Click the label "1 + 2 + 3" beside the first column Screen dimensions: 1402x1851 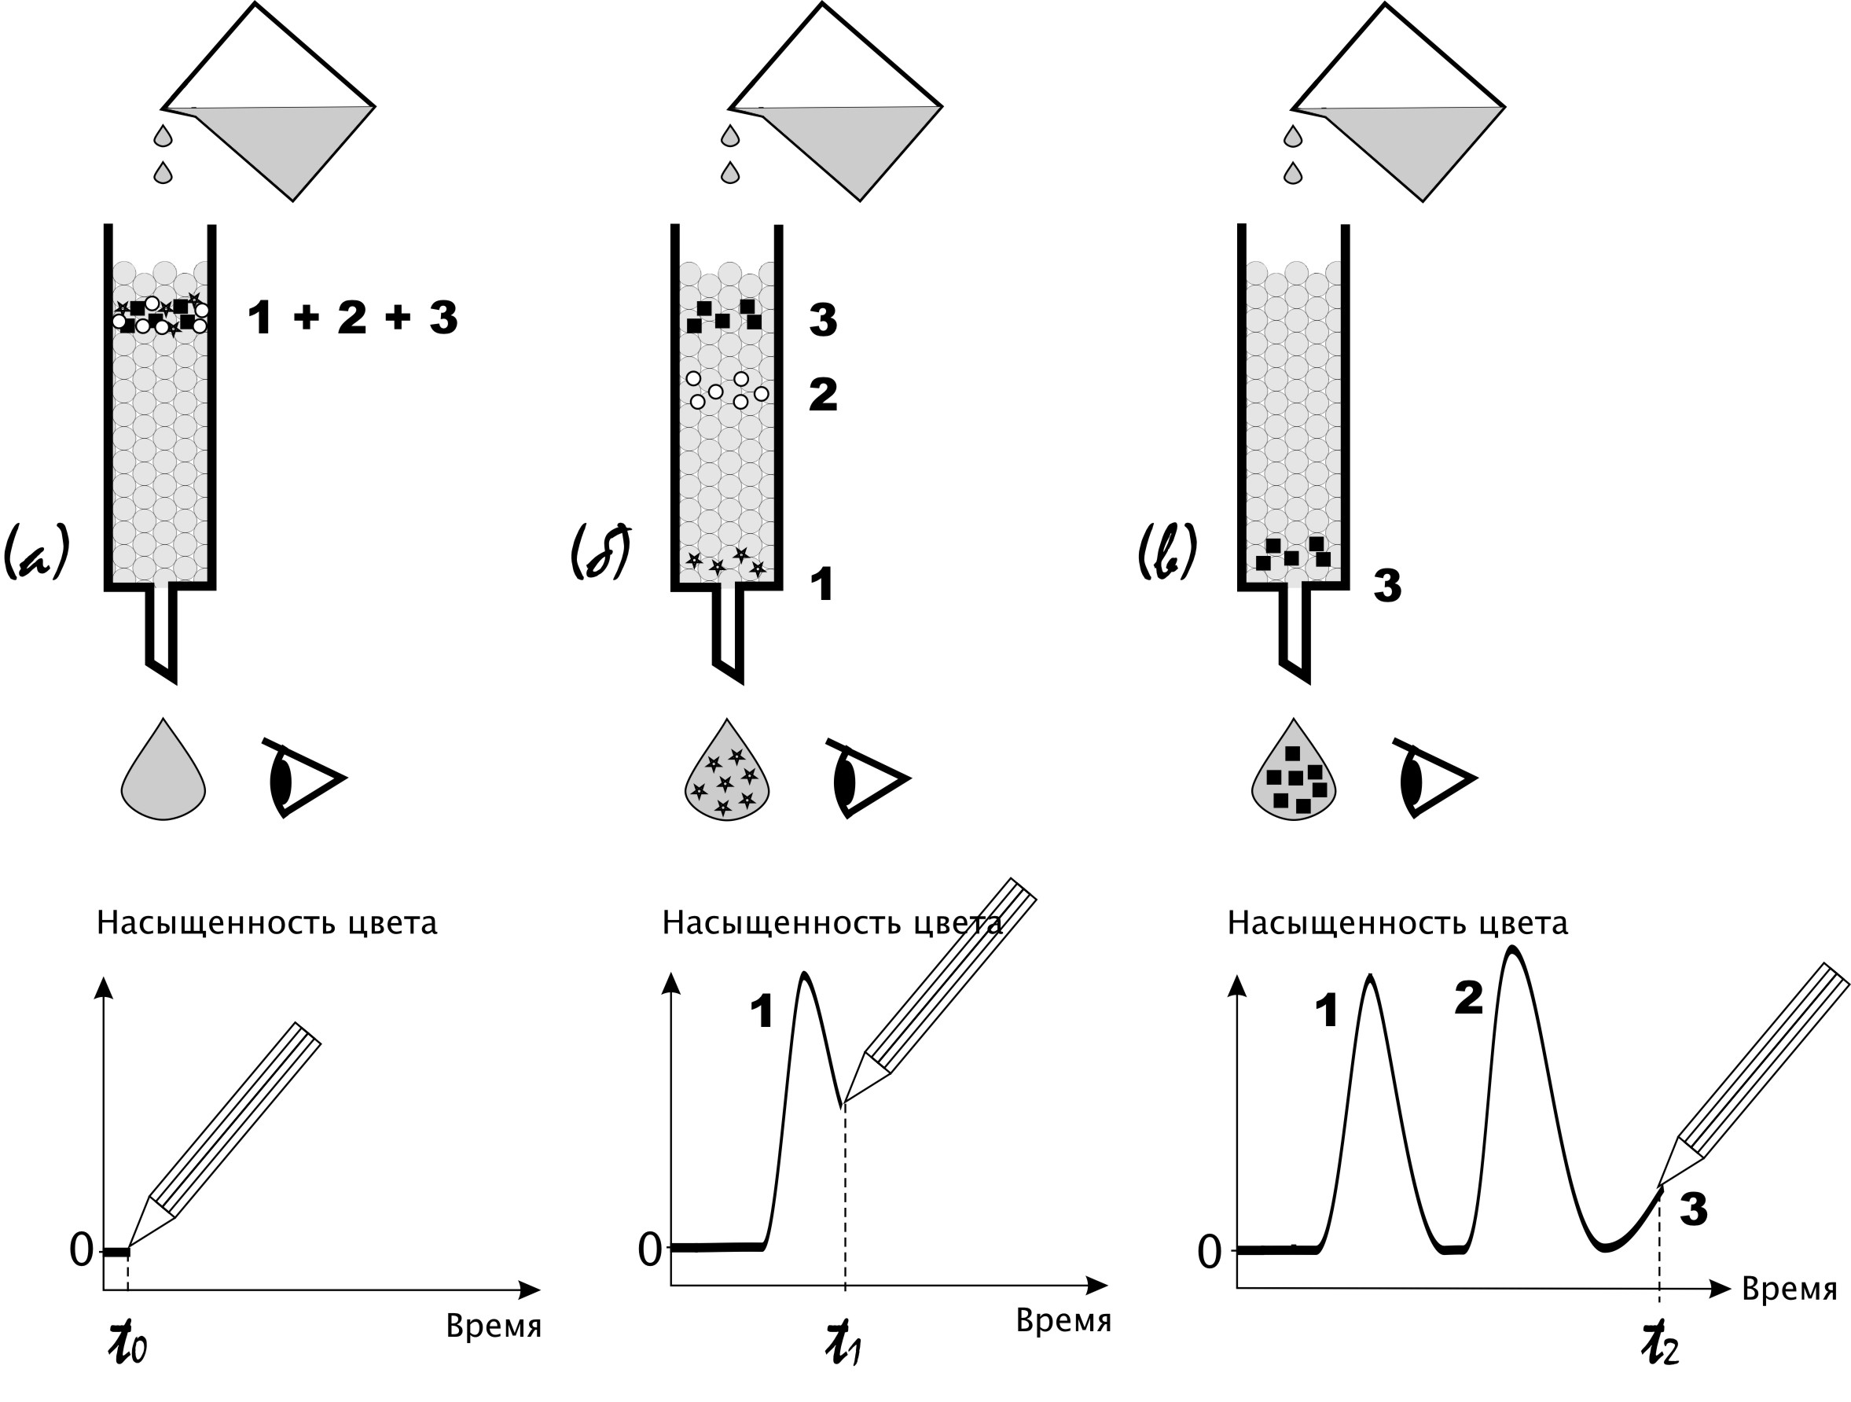[352, 318]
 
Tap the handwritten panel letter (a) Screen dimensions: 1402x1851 [35, 553]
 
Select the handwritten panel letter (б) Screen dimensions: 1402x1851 [600, 553]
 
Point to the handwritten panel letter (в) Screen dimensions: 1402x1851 [1167, 553]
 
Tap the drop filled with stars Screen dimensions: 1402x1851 [726, 774]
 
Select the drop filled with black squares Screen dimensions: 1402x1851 [1294, 774]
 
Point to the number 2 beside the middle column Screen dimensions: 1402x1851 [823, 395]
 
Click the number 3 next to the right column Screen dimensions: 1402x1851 [1387, 586]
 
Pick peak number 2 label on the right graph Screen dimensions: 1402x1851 [1468, 998]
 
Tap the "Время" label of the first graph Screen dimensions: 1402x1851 [494, 1327]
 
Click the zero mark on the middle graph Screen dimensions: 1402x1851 [650, 1250]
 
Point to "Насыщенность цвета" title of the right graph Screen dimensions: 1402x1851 [1397, 923]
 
